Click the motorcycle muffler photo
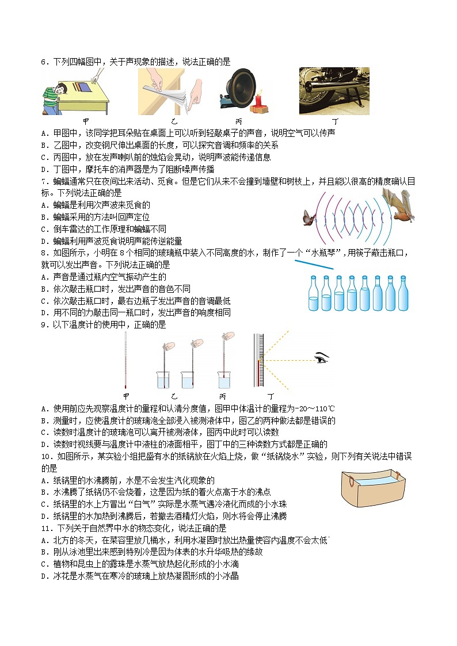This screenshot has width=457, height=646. tap(334, 91)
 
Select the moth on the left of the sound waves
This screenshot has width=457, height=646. tap(311, 217)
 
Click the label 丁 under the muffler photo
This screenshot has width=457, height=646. tap(334, 122)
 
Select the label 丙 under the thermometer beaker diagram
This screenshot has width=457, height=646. tap(223, 397)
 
